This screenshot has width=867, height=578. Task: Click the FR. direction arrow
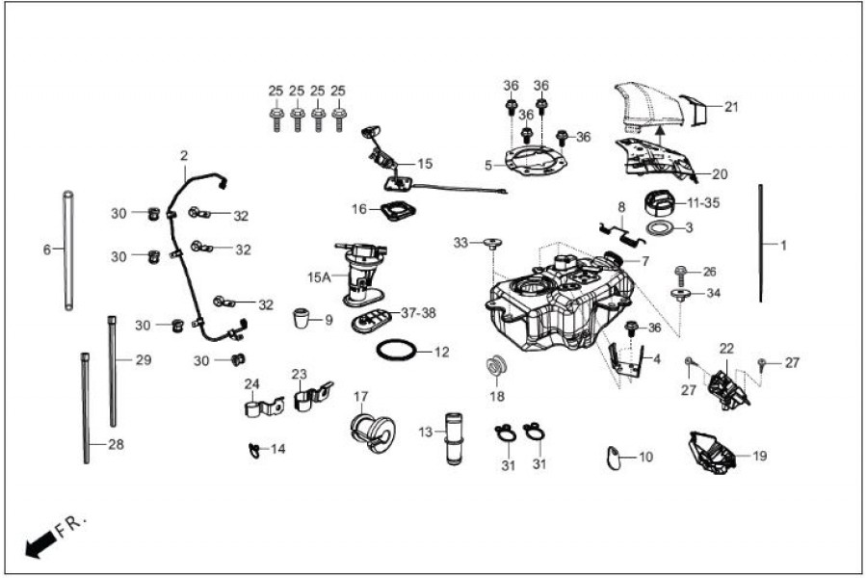(x=39, y=546)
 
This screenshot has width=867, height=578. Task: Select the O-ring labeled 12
(x=398, y=351)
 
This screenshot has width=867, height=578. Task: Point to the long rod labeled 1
(x=761, y=243)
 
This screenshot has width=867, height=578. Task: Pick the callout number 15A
(x=319, y=276)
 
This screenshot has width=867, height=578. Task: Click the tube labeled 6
(x=68, y=250)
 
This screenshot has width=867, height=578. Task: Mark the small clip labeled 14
(x=253, y=448)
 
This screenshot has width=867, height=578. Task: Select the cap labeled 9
(x=302, y=317)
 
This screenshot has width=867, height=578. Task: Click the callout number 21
(x=731, y=107)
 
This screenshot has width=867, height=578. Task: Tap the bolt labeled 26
(x=681, y=273)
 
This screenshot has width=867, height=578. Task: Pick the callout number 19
(x=760, y=456)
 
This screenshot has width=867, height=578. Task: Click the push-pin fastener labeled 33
(x=492, y=243)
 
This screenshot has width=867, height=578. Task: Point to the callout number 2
(x=184, y=154)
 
